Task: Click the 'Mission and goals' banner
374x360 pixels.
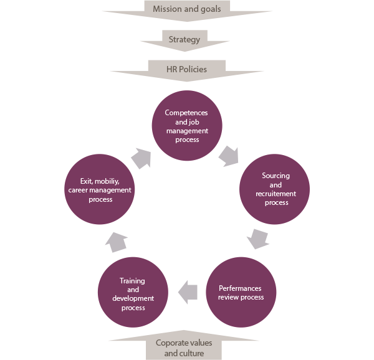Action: point(187,11)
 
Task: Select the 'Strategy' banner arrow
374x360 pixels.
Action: point(185,40)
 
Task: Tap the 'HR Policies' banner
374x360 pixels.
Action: point(187,71)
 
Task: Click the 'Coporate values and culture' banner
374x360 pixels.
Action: point(184,346)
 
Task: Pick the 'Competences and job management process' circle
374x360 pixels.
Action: point(187,126)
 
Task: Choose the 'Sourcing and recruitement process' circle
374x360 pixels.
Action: point(274,189)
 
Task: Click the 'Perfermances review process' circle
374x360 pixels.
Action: point(241,292)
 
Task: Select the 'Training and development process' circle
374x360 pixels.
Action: point(133,292)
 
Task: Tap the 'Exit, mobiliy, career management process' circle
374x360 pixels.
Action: point(100,189)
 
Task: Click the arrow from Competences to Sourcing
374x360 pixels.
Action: point(229,156)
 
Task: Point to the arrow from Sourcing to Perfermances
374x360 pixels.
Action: point(258,239)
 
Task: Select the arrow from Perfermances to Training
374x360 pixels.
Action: point(188,292)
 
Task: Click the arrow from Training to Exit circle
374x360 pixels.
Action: point(116,242)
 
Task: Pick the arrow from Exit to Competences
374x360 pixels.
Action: point(141,158)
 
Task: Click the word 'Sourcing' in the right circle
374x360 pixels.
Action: point(276,176)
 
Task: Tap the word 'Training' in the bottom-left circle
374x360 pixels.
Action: point(132,281)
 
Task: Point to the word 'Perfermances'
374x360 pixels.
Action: point(240,288)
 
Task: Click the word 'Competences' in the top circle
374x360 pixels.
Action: point(186,113)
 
